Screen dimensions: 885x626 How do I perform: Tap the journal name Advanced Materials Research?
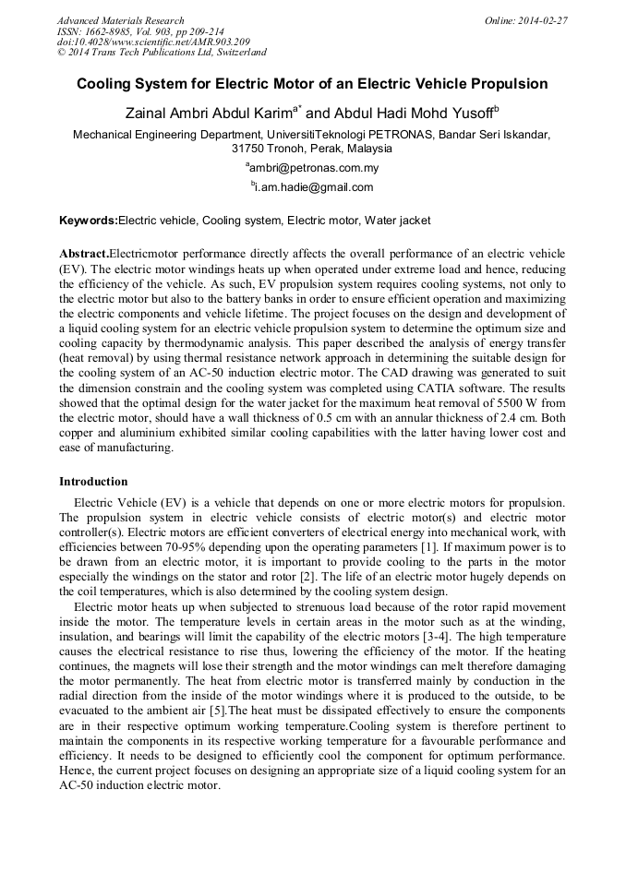[120, 20]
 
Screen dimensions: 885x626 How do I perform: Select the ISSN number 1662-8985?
[119, 31]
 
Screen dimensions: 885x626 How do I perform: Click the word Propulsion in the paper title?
[507, 84]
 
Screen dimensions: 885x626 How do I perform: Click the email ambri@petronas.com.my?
[313, 169]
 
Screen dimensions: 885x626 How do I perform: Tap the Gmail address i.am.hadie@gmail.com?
[313, 187]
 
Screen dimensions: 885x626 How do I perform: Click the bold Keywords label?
[89, 221]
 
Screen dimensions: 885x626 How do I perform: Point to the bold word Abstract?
[84, 254]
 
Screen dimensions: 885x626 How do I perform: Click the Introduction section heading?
[93, 482]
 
